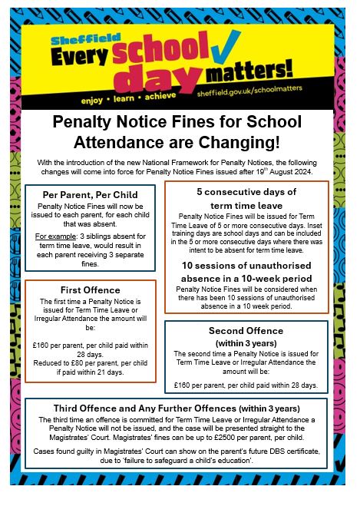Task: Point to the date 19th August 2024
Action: [x=310, y=172]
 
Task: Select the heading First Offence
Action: [x=90, y=290]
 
